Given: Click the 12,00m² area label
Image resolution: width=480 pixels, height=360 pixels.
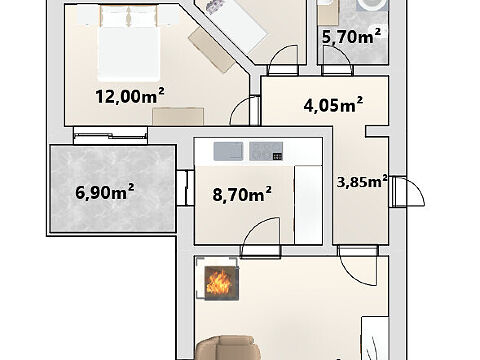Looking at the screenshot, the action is [130, 96].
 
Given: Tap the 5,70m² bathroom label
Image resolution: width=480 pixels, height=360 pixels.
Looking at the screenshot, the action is [351, 36].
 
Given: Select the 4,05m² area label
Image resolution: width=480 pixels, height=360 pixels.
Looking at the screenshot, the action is [333, 105].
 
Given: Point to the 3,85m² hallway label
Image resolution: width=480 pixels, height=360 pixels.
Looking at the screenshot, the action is [362, 182].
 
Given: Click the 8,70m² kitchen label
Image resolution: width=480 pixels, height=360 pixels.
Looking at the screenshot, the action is [242, 194].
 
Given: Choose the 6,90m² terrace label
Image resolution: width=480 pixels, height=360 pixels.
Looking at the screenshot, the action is [105, 192].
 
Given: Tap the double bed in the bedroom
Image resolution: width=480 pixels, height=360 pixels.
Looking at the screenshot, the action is [128, 43].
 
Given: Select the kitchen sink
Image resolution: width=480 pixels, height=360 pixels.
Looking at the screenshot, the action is [228, 151].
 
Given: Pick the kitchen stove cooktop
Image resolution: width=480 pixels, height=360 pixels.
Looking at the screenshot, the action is [266, 151].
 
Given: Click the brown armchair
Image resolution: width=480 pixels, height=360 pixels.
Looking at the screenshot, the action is [228, 348].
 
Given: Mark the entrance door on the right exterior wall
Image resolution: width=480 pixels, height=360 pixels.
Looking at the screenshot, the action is [407, 192].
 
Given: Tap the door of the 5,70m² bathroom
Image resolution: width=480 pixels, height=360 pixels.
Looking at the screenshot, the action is [337, 60].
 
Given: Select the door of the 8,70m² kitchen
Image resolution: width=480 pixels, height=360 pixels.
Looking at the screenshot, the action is [261, 237].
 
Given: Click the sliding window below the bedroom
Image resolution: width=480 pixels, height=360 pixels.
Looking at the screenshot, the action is [110, 135].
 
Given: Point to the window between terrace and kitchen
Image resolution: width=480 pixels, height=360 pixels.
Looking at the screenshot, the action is [185, 187].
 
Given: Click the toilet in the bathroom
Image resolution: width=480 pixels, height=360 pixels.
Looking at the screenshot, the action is [372, 5].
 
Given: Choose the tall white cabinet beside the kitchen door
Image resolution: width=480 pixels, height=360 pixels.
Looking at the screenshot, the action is [308, 205].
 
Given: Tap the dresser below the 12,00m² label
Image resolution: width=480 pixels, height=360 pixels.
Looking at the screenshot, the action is [178, 117].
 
